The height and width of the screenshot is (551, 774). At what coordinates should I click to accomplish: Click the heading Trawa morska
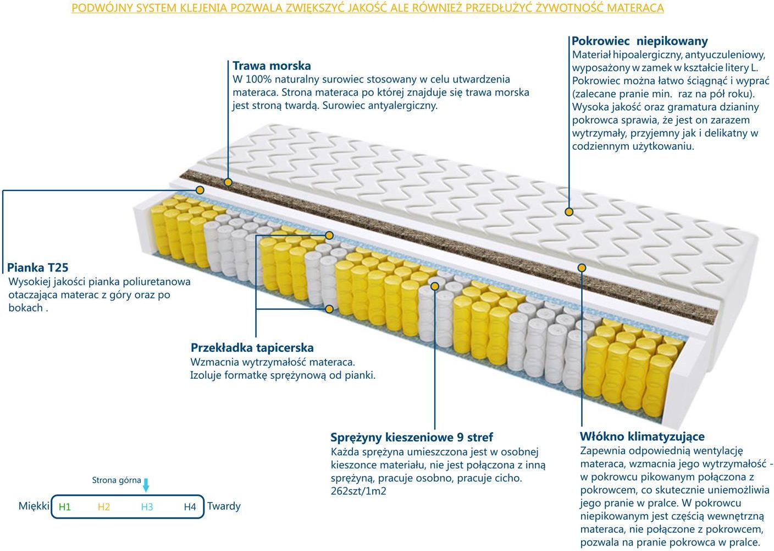pos(272,66)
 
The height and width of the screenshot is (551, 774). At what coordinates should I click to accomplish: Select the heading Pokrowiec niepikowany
pos(639,41)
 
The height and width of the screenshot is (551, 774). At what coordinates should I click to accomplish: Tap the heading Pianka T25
pos(38,267)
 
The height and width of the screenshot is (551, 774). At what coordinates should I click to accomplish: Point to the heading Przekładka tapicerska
pos(252,347)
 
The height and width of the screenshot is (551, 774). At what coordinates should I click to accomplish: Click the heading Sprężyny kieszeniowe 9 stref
pos(412,438)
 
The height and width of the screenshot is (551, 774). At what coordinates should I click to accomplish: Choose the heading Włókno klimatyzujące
pos(642,437)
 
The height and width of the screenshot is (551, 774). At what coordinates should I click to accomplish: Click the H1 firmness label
pos(65,507)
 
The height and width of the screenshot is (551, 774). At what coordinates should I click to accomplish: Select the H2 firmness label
pos(104,507)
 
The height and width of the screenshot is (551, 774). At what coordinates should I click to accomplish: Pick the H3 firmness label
pos(147,507)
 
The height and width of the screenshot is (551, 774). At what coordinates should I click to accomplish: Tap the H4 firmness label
pos(190,507)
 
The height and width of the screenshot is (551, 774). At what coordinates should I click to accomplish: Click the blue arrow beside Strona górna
pos(146,485)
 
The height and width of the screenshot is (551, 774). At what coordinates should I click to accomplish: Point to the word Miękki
pos(34,506)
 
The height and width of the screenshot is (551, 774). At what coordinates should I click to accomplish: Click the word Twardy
pos(224,506)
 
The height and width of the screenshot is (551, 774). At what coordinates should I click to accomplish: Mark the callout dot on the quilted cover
pos(569,211)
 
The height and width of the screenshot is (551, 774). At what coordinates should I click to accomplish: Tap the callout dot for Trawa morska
pos(228,182)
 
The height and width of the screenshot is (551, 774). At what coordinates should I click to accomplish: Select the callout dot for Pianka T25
pos(200,190)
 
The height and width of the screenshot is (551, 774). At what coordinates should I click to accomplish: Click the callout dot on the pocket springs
pos(435,286)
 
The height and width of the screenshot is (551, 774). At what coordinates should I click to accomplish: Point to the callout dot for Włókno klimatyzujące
pos(582,267)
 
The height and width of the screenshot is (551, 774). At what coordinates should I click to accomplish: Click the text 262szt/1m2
pos(358,491)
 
